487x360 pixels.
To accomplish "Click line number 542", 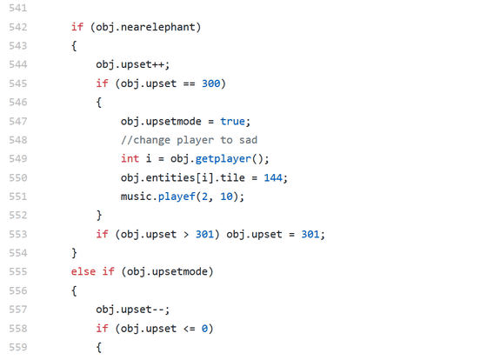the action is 18,27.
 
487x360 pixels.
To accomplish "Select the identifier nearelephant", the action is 157,27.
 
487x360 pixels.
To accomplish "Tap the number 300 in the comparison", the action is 210,83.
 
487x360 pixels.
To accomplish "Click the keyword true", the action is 233,121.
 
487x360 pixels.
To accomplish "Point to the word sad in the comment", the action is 248,140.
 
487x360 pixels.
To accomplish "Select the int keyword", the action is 130,159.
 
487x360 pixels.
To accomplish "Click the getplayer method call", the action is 223,159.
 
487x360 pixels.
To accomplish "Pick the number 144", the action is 273,177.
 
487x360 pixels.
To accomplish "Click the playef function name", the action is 177,197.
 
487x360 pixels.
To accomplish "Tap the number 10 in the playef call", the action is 226,197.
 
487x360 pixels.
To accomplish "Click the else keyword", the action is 83,271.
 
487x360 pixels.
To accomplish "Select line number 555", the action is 18,271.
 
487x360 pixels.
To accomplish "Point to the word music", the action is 136,197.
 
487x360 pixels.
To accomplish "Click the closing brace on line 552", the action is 99,215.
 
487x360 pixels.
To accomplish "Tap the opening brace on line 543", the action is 74,46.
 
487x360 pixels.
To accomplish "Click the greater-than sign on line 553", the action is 186,234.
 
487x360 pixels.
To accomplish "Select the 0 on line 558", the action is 204,329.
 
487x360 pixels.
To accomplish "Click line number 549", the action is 18,159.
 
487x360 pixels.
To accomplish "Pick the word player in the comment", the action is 195,140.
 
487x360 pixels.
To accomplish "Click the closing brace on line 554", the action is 74,253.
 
